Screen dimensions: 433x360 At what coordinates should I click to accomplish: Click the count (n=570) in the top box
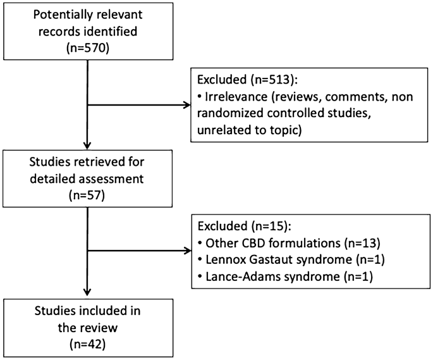click(x=88, y=48)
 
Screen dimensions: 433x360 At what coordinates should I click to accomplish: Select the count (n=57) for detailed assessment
click(x=87, y=196)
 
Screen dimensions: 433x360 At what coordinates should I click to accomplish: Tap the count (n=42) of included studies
click(x=87, y=345)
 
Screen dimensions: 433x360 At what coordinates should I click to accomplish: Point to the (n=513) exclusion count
click(x=274, y=80)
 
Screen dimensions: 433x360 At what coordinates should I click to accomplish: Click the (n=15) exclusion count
click(x=271, y=226)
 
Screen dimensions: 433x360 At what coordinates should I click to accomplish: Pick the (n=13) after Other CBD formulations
click(x=362, y=243)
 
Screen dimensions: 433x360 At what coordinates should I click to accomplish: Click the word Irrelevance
click(x=236, y=97)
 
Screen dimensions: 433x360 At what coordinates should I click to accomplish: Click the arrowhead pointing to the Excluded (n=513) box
click(x=187, y=105)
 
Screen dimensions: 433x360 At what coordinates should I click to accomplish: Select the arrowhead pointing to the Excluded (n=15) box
click(x=188, y=251)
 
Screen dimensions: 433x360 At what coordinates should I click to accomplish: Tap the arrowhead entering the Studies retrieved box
click(x=87, y=146)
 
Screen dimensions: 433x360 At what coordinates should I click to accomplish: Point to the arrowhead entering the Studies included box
click(x=87, y=292)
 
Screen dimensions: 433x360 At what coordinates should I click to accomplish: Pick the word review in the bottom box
click(x=101, y=328)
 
